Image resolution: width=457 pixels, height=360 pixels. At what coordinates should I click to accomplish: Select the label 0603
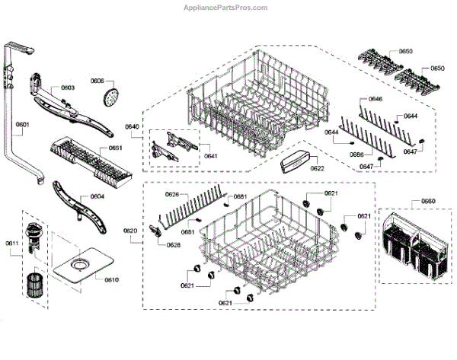click(68, 88)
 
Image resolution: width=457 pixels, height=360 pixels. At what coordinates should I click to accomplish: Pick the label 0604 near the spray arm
click(97, 196)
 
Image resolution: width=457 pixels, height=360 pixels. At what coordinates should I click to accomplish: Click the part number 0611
click(12, 244)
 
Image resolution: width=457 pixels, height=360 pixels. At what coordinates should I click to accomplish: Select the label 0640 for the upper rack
click(132, 127)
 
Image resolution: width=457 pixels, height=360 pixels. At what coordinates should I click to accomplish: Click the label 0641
click(210, 156)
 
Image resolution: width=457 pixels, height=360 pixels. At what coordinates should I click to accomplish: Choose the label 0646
click(376, 100)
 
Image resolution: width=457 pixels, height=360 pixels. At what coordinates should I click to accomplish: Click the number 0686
click(356, 155)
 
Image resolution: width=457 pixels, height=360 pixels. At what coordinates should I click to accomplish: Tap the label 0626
click(172, 195)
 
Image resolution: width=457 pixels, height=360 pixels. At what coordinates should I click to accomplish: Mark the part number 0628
click(174, 244)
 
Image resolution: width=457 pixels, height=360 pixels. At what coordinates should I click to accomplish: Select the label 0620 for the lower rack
click(130, 231)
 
